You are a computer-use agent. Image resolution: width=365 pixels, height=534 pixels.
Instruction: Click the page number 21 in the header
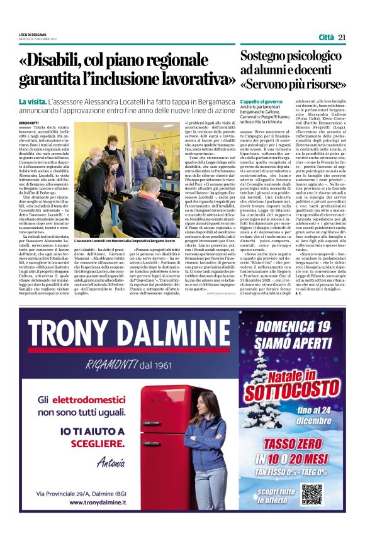pos(342,37)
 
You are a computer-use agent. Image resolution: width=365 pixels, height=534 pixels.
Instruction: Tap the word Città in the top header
pos(326,37)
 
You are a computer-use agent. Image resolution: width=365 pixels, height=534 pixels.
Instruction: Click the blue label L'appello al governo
pos(262,101)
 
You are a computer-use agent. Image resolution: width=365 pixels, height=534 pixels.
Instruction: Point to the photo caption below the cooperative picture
pos(126,242)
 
